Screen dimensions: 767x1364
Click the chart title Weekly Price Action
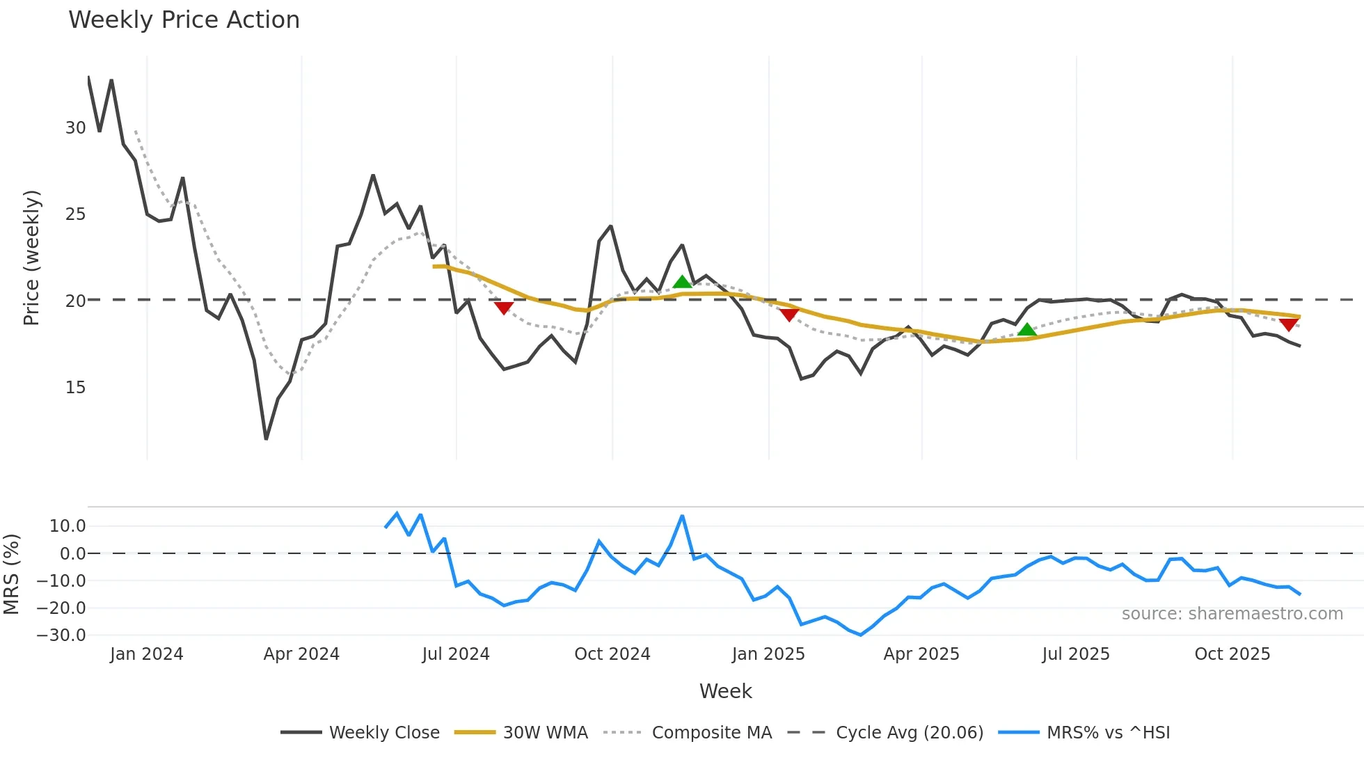pyautogui.click(x=184, y=20)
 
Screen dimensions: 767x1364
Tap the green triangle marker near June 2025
pyautogui.click(x=1026, y=330)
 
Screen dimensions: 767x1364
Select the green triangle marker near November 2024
pyautogui.click(x=682, y=282)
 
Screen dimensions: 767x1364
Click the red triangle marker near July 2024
pyautogui.click(x=503, y=308)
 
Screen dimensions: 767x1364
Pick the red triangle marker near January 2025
pyautogui.click(x=788, y=315)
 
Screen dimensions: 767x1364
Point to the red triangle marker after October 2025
pyautogui.click(x=1288, y=324)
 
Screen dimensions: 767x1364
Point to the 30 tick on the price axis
pyautogui.click(x=75, y=128)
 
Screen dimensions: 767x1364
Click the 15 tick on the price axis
pyautogui.click(x=75, y=388)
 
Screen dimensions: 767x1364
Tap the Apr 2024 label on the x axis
pyautogui.click(x=301, y=654)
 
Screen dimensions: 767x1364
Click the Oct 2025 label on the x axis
pyautogui.click(x=1232, y=654)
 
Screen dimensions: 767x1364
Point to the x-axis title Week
pyautogui.click(x=725, y=691)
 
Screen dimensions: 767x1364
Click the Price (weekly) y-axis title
pyautogui.click(x=32, y=258)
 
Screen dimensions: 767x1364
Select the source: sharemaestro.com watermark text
pyautogui.click(x=1232, y=614)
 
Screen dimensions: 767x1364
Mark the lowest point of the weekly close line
pyautogui.click(x=266, y=439)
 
